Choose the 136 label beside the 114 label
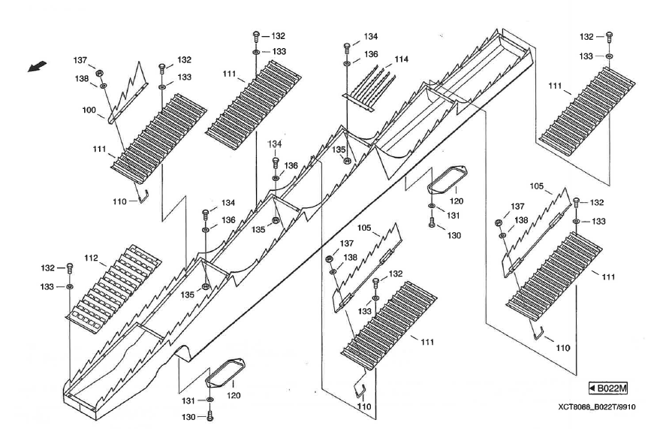(371, 54)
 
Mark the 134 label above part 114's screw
(371, 35)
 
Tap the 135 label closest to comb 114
(339, 150)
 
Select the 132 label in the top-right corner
(587, 36)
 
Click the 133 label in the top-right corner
(587, 56)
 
